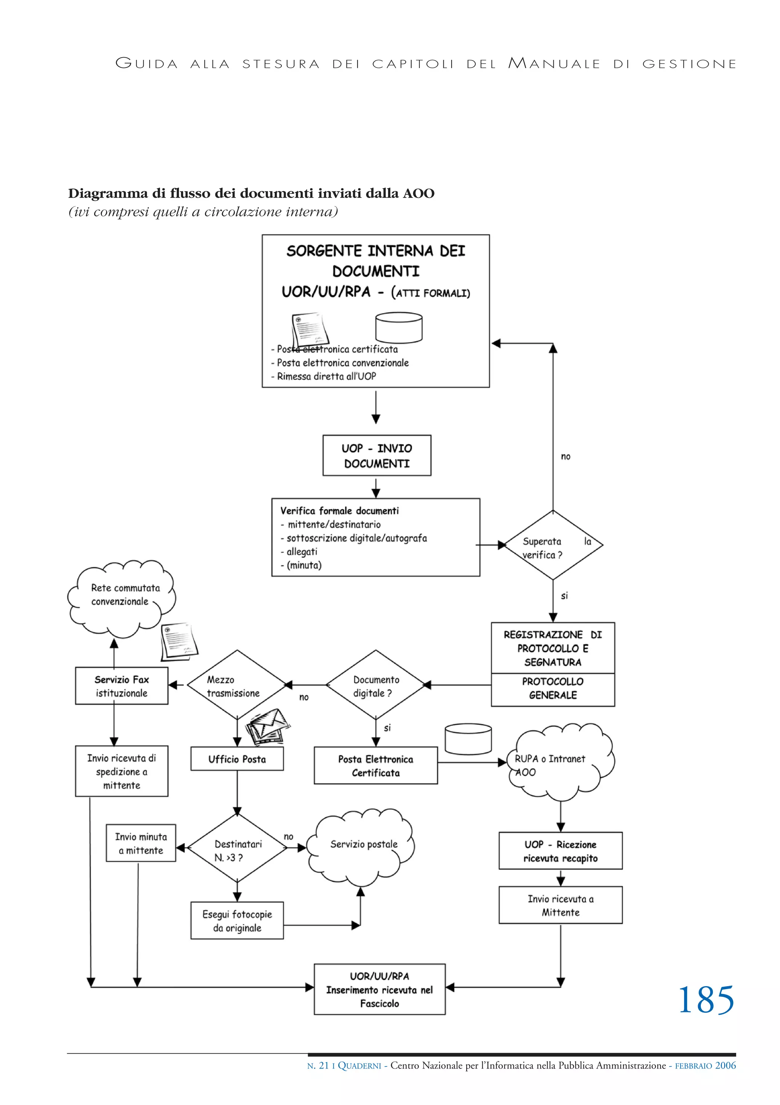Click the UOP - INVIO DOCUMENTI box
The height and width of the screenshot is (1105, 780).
[377, 455]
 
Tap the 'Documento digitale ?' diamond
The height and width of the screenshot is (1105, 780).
[375, 685]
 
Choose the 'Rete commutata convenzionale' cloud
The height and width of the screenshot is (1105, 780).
[121, 597]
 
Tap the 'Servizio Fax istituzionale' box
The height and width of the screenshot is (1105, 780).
[121, 686]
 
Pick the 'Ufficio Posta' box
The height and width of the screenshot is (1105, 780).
[237, 759]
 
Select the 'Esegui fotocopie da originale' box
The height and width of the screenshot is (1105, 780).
[237, 921]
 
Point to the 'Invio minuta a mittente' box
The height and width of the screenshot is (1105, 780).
[141, 843]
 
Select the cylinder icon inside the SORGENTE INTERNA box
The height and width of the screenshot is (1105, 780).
[398, 327]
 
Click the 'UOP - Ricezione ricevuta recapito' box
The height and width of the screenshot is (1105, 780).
[560, 851]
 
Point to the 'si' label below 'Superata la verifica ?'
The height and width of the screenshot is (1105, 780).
[564, 596]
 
